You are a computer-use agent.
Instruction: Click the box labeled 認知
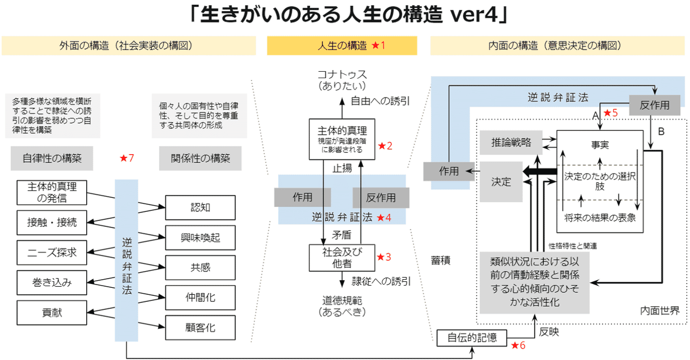coord(200,207)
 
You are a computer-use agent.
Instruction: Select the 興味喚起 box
coord(200,238)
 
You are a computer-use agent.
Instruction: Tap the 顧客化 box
coord(200,328)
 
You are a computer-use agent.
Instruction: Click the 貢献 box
coord(52,313)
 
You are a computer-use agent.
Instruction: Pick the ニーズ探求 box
coord(52,253)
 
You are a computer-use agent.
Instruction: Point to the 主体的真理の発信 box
coord(52,192)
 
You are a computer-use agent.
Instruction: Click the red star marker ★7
coord(127,158)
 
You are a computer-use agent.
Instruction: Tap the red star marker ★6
coord(518,345)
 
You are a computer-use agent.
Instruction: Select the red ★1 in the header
coord(378,46)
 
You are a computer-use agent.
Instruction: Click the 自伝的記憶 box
coord(472,338)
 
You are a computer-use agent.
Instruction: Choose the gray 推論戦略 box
coord(511,142)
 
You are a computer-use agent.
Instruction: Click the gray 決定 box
coord(501,182)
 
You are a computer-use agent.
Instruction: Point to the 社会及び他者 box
coord(342,258)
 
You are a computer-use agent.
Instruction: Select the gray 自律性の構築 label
coord(52,158)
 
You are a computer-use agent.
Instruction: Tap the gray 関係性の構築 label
coord(200,158)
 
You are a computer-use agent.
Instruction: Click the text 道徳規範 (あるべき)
coord(342,307)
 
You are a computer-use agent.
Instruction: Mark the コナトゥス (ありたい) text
coord(342,80)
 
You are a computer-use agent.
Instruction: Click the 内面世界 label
coord(660,311)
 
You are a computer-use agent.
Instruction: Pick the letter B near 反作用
coord(661,131)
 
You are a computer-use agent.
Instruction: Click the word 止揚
coord(342,168)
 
